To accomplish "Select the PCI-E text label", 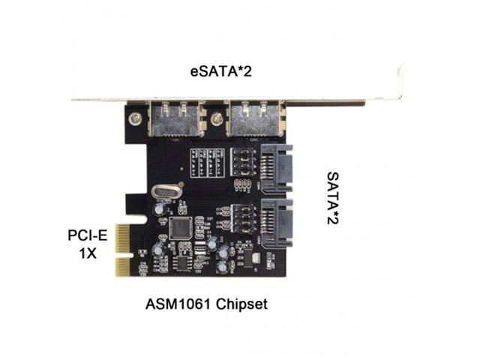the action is [87, 235].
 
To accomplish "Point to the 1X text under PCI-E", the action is [88, 253].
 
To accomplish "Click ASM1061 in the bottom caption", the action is [175, 304].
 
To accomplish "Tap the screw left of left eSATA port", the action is [134, 118].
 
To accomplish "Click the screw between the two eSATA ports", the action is [217, 118].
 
